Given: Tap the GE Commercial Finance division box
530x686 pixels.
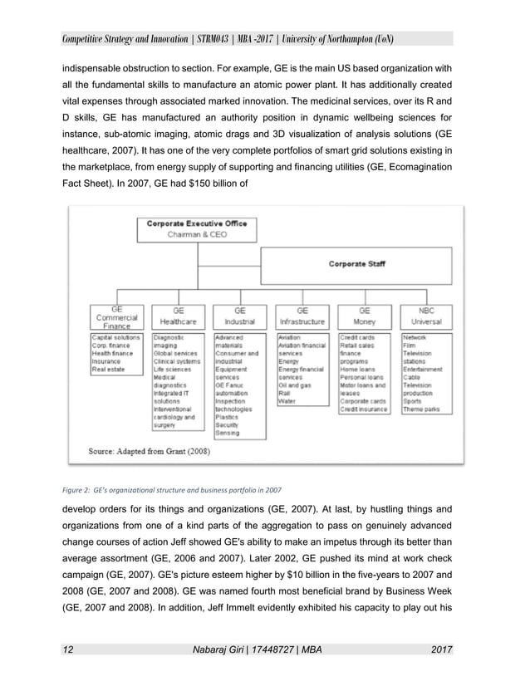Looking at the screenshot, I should point(114,316).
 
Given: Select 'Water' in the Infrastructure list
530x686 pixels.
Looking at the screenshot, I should point(287,402).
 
